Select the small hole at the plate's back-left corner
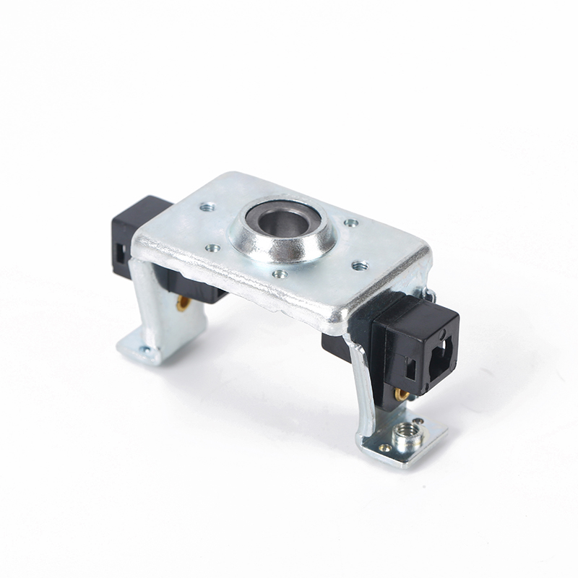click(208, 207)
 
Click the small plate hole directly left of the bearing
click(212, 248)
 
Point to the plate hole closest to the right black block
click(359, 265)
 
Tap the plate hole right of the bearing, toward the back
click(350, 223)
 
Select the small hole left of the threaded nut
click(384, 448)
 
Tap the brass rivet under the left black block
click(183, 303)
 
